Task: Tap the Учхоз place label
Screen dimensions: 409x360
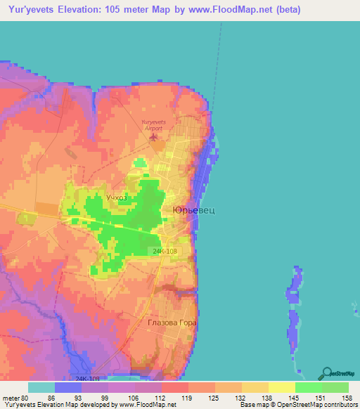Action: click(x=117, y=198)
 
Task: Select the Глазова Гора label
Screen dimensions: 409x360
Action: click(x=172, y=323)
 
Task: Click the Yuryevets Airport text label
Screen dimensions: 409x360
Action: click(x=152, y=126)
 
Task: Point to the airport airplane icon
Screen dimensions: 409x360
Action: click(x=153, y=136)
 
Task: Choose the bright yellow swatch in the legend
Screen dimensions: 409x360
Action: click(x=281, y=387)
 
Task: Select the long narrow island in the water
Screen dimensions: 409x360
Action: click(x=292, y=309)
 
